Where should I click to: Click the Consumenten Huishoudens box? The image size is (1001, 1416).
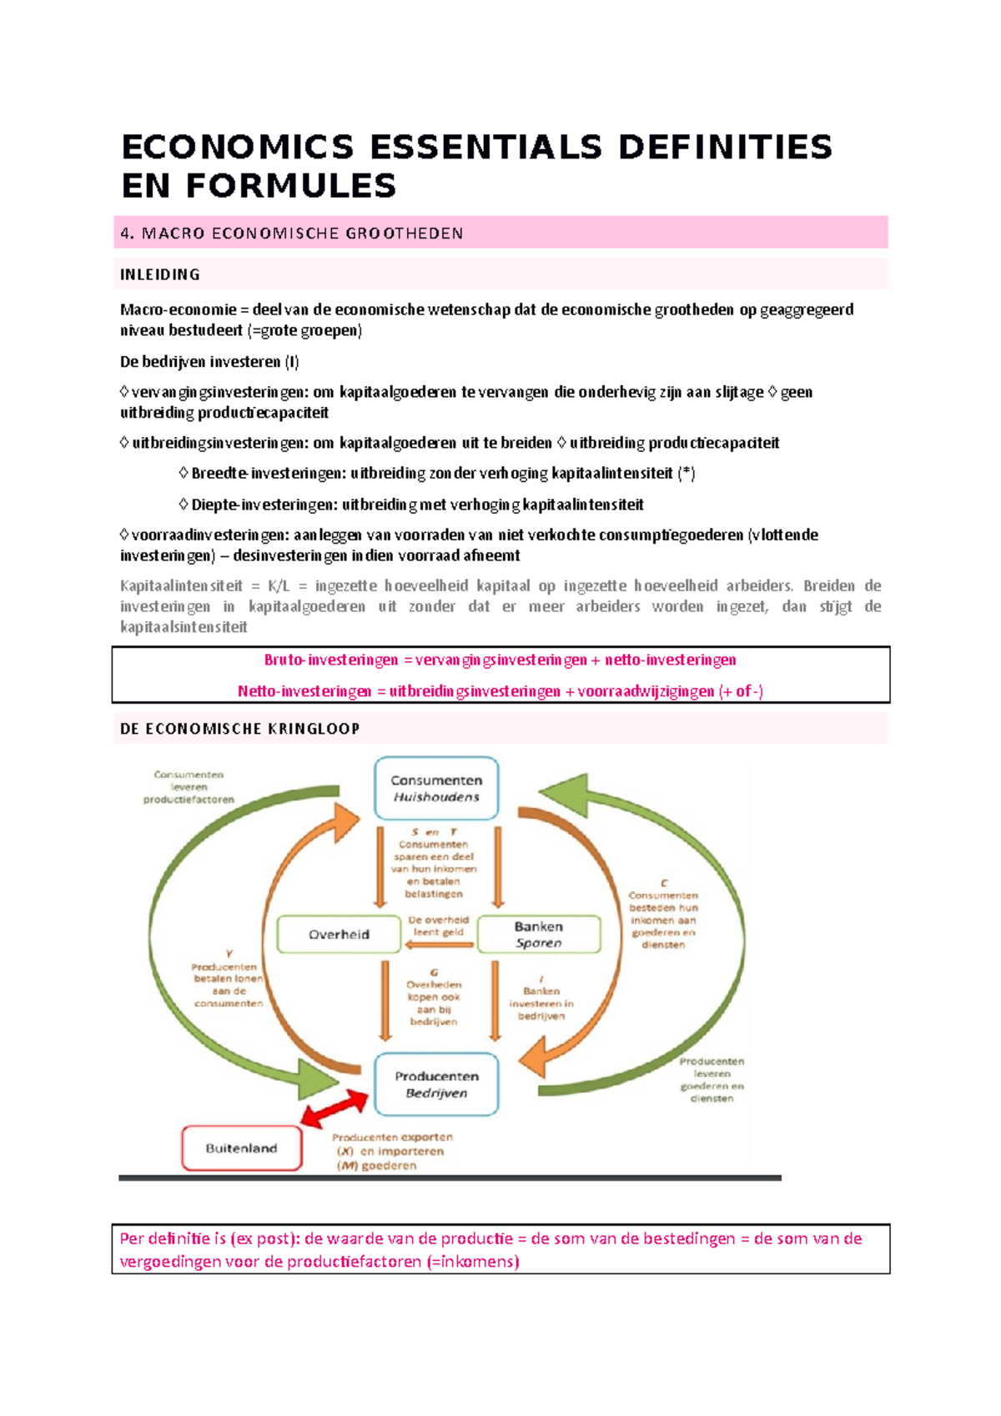436,788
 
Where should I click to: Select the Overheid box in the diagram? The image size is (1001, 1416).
339,934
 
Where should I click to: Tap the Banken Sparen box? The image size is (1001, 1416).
539,934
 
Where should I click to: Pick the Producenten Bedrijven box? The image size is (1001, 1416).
436,1084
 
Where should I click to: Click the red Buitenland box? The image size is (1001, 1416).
242,1148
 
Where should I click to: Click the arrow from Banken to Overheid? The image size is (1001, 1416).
440,945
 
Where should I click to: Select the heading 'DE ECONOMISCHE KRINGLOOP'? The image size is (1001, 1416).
240,729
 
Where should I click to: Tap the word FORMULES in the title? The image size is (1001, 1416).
291,186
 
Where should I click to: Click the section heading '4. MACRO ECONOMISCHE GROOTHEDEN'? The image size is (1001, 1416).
292,233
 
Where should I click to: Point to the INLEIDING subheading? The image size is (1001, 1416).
160,274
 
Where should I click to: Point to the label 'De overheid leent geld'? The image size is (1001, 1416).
439,926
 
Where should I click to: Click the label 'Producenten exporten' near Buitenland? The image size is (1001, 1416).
392,1137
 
